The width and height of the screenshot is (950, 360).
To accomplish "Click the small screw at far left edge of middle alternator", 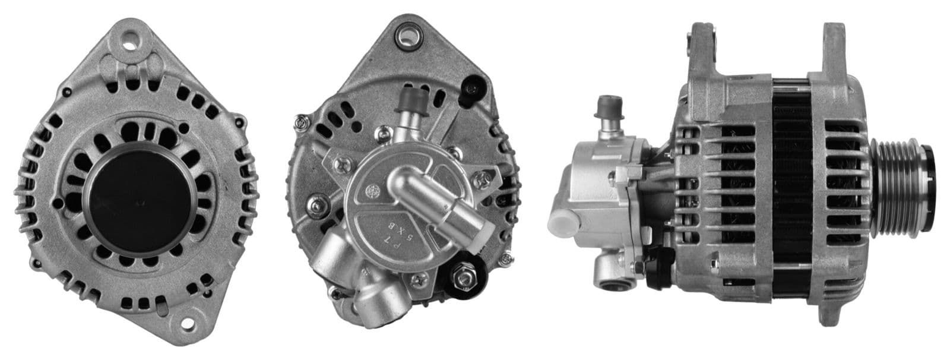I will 300,122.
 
